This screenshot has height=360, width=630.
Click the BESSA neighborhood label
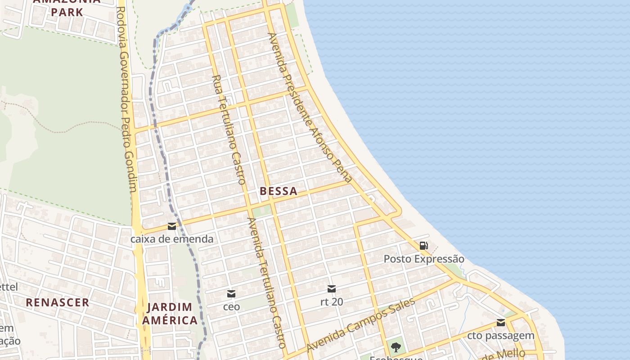tap(279, 191)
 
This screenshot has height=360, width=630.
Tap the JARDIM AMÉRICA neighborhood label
tap(169, 314)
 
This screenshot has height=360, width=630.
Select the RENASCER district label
tap(58, 302)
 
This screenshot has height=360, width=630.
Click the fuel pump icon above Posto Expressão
tap(423, 246)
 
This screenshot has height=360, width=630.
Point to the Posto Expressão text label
tap(423, 259)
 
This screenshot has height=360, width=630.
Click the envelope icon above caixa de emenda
tap(172, 226)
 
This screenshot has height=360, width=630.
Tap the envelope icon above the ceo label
tap(231, 294)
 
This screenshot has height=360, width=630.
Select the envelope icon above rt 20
tap(332, 289)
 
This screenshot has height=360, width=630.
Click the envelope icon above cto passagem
tap(501, 323)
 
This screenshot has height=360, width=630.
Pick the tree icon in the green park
tap(396, 347)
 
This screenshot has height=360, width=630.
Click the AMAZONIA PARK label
tap(67, 6)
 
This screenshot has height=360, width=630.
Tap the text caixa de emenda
tap(172, 239)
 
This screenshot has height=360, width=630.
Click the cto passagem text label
tap(501, 336)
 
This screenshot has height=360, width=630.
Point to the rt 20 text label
tap(332, 302)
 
